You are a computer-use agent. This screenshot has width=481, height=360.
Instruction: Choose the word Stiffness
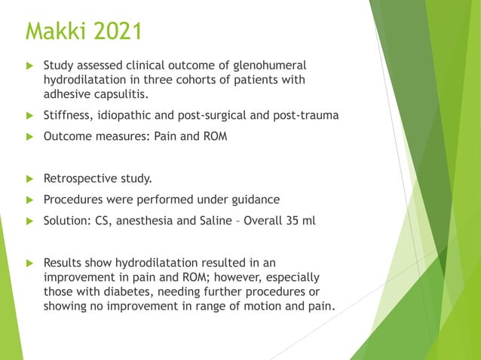(69, 115)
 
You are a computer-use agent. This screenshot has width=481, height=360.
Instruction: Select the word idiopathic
(131, 115)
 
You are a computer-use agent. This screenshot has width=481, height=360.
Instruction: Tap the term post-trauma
(305, 115)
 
